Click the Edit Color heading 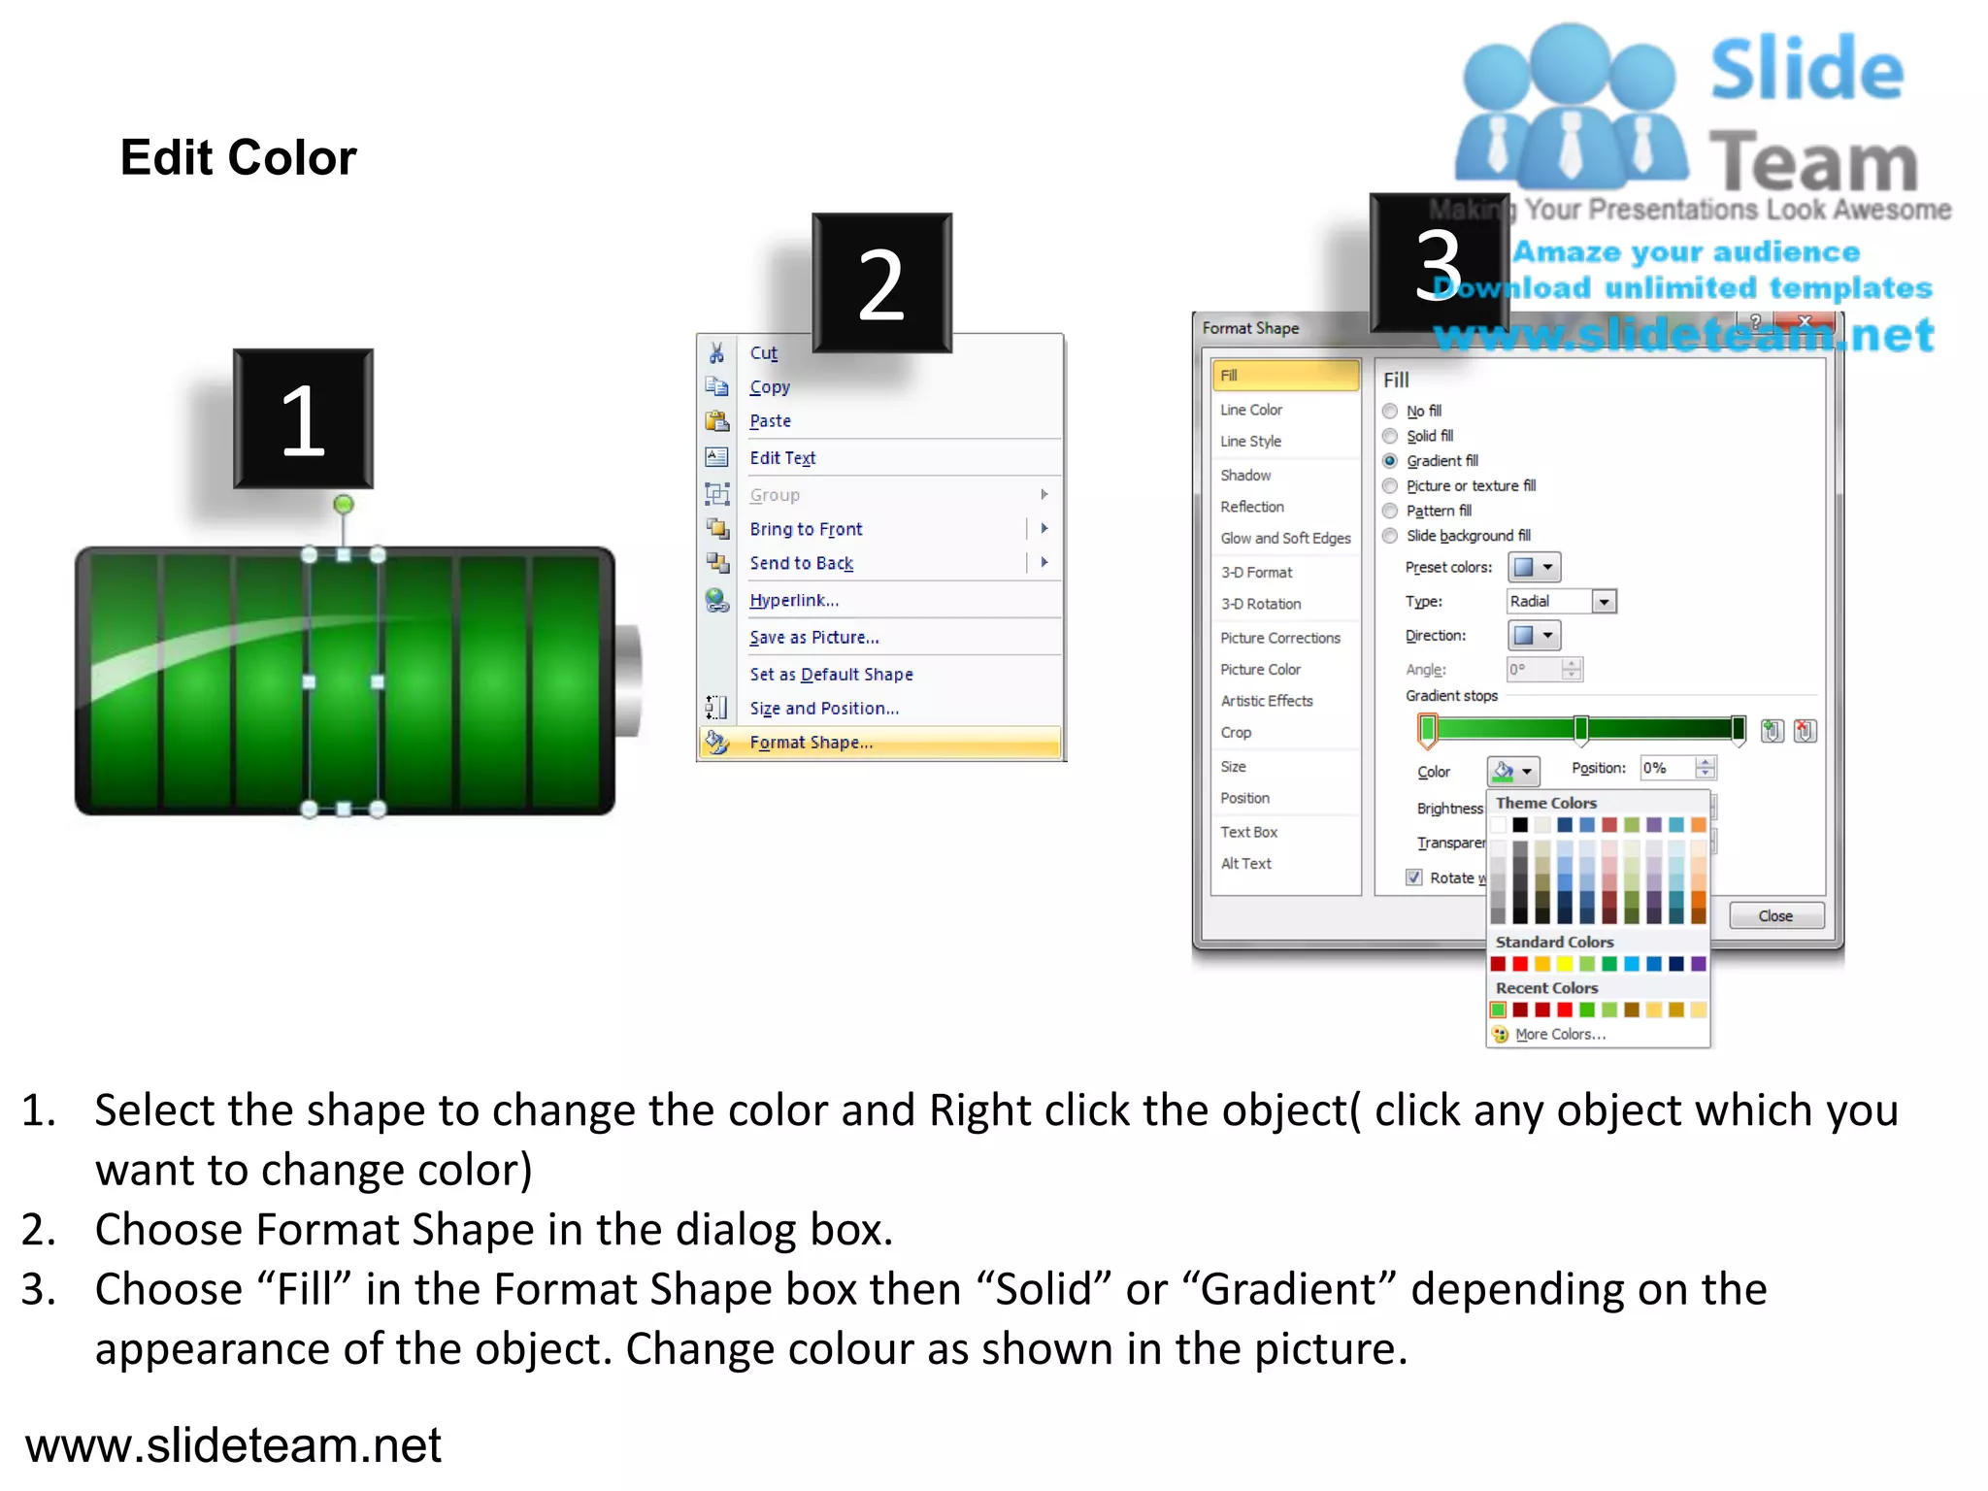238,158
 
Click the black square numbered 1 303,418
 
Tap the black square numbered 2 881,282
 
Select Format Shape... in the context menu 811,743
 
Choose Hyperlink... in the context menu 793,601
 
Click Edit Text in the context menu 782,458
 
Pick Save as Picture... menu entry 813,638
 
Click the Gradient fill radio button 1390,461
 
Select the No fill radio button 1390,412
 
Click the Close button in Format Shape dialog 1775,916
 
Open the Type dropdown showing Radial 1604,602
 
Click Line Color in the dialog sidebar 1251,411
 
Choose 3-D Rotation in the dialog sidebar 1261,604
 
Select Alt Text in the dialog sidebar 1245,864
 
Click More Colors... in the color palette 1560,1035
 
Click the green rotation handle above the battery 344,504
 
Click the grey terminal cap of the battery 629,681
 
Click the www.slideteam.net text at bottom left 233,1445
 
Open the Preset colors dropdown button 1534,568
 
